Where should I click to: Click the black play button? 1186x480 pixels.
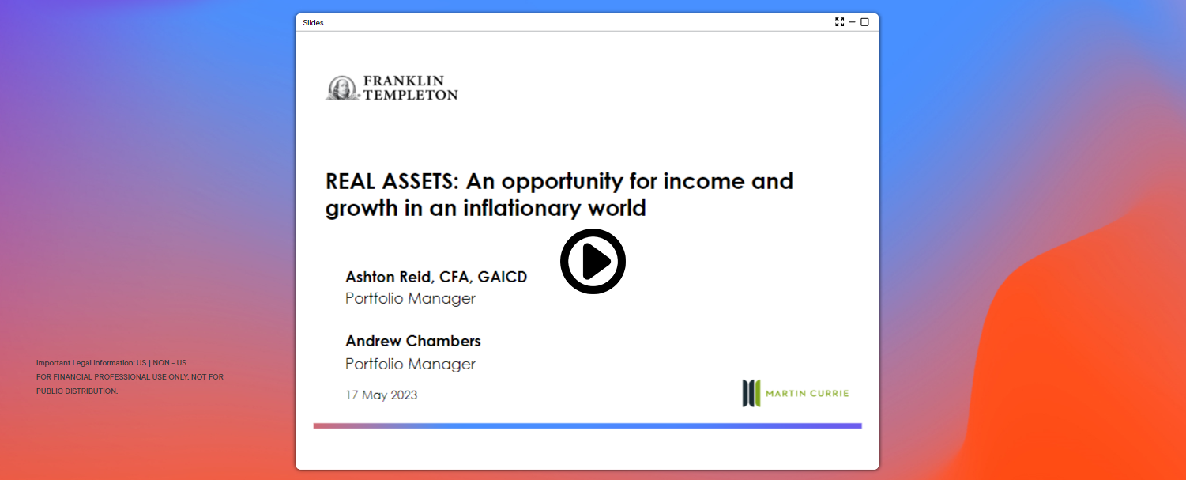pyautogui.click(x=593, y=261)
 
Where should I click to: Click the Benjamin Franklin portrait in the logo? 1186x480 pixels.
pyautogui.click(x=343, y=88)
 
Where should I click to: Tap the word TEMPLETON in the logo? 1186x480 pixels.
pyautogui.click(x=410, y=95)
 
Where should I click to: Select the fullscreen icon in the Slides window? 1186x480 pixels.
pyautogui.click(x=839, y=21)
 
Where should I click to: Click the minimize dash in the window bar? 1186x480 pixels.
pyautogui.click(x=852, y=21)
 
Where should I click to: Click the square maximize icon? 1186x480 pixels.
pyautogui.click(x=864, y=21)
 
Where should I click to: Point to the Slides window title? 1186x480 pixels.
pyautogui.click(x=313, y=22)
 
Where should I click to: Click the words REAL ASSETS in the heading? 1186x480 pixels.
pyautogui.click(x=391, y=181)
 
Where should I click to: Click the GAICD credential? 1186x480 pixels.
pyautogui.click(x=503, y=277)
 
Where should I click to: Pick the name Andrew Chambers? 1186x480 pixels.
pyautogui.click(x=413, y=341)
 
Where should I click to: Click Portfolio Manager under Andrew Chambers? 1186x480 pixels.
pyautogui.click(x=410, y=364)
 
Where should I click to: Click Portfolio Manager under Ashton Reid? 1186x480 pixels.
pyautogui.click(x=410, y=298)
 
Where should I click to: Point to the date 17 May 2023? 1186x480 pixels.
pyautogui.click(x=381, y=395)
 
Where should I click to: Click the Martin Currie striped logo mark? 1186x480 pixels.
pyautogui.click(x=751, y=393)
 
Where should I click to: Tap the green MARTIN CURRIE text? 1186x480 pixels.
pyautogui.click(x=807, y=393)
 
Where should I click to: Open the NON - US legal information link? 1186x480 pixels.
pyautogui.click(x=169, y=363)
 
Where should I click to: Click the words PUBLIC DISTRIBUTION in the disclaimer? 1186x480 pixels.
pyautogui.click(x=76, y=391)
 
